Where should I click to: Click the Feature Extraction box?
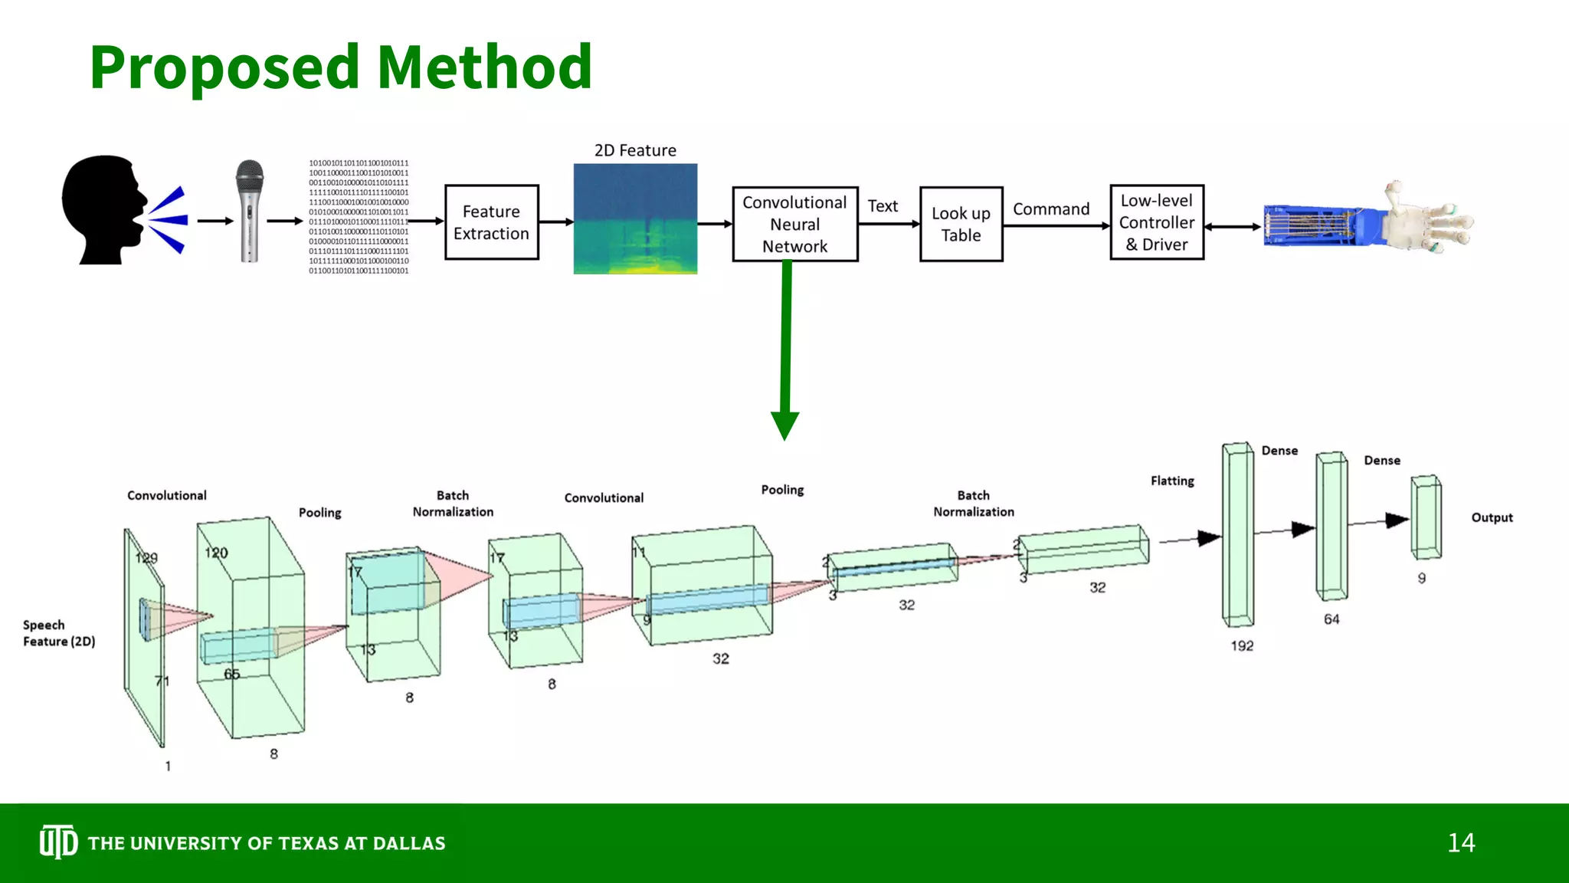[x=491, y=222]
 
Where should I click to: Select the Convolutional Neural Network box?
[x=794, y=224]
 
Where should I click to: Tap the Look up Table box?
[x=961, y=224]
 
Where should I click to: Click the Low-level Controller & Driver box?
[x=1156, y=222]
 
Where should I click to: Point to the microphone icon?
[x=249, y=211]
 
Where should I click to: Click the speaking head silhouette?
[x=103, y=211]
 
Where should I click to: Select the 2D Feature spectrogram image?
[x=635, y=218]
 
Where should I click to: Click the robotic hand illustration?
[x=1368, y=222]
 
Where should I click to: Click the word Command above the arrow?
[x=1050, y=209]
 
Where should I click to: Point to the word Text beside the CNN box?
[x=883, y=206]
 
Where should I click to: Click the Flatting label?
[x=1171, y=481]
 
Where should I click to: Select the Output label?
[x=1491, y=517]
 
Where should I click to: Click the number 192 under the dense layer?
[x=1241, y=646]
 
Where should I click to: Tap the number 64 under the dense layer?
[x=1332, y=619]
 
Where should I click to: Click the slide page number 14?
[x=1460, y=843]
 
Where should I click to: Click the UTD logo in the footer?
[x=58, y=842]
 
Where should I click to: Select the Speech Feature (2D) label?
[x=58, y=633]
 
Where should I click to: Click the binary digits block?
[x=359, y=217]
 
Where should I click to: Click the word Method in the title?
[x=484, y=67]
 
